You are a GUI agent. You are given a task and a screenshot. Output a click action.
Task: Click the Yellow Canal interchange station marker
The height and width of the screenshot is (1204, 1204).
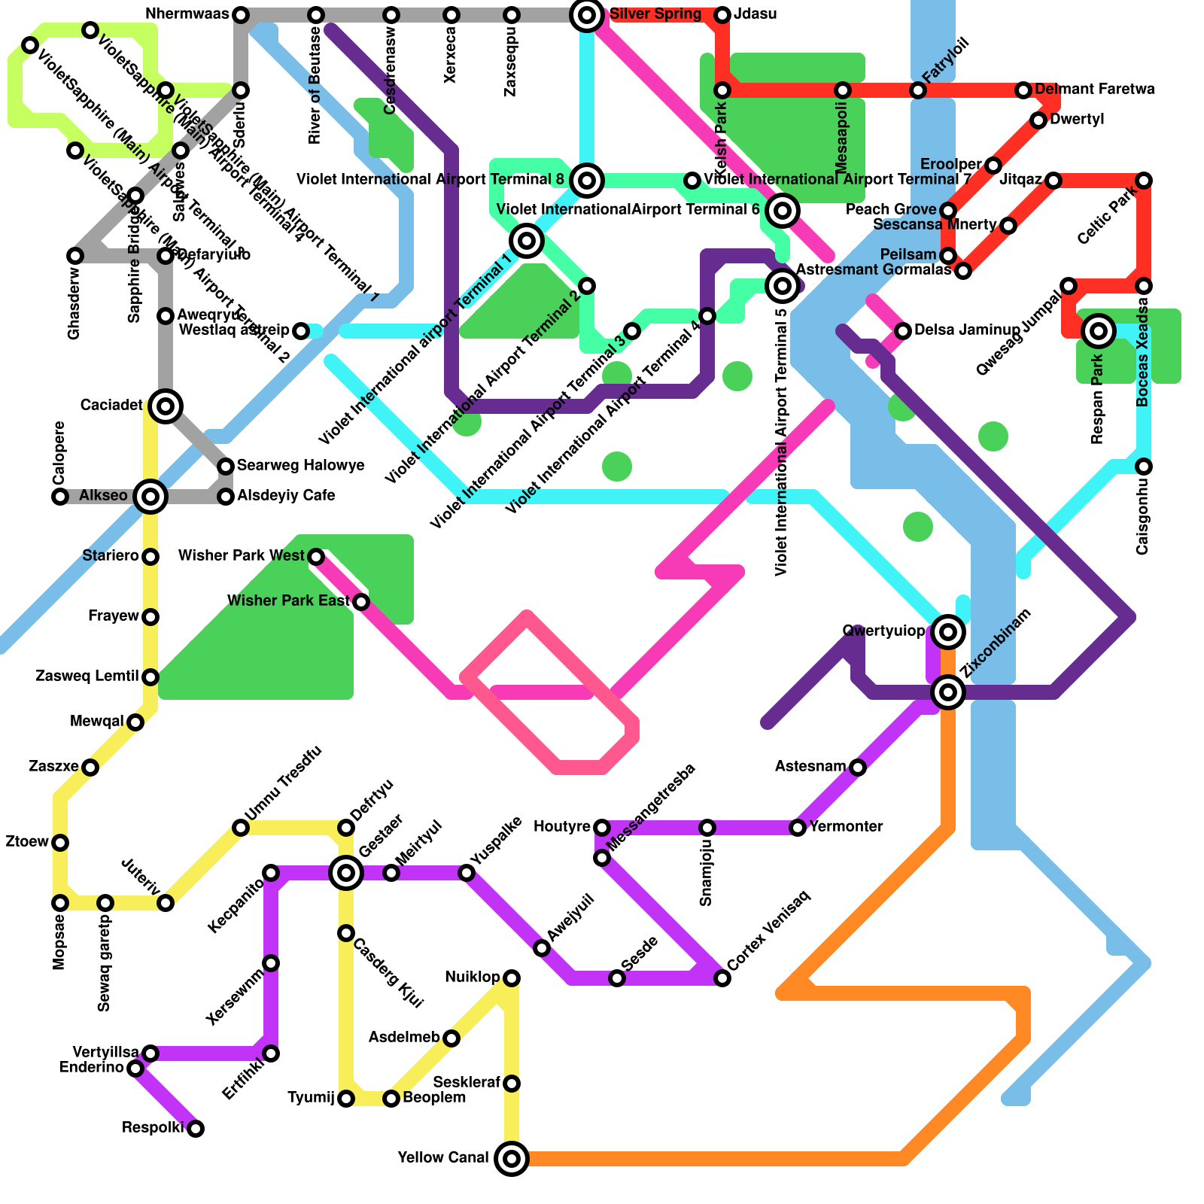[x=512, y=1159]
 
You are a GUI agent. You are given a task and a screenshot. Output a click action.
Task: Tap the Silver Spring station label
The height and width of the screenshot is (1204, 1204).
[x=655, y=14]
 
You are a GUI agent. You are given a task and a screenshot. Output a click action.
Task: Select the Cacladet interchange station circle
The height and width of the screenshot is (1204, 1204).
[x=166, y=406]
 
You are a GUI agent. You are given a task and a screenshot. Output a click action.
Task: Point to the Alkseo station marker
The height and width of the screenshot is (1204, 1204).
[x=150, y=496]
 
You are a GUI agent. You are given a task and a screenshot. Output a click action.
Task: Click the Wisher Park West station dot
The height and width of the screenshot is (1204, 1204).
[x=316, y=557]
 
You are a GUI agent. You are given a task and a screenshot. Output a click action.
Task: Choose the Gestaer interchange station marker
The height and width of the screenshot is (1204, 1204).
[x=346, y=873]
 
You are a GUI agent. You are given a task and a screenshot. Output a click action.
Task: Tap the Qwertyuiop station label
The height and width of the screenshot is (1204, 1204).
[x=883, y=631]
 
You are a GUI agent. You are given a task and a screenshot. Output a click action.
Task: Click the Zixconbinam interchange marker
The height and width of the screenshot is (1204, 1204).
[x=948, y=692]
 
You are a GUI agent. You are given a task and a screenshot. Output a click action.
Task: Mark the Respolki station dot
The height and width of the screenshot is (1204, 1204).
[x=196, y=1128]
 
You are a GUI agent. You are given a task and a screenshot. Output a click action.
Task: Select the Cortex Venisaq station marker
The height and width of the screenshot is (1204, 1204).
[x=722, y=978]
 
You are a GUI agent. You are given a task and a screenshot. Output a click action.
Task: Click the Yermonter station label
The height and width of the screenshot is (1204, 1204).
[x=846, y=827]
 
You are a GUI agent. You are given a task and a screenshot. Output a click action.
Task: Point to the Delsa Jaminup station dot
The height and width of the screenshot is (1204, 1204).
[x=903, y=330]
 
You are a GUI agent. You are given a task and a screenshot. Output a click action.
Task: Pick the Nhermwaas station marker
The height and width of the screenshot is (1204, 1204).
[x=241, y=15]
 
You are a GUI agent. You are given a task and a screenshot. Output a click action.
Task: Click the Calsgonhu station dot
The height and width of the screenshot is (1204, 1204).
[x=1144, y=467]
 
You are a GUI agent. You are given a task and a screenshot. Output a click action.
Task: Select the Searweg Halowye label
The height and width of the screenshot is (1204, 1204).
[x=300, y=466]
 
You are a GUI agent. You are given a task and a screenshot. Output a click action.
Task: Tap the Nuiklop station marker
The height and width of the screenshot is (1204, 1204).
[x=512, y=978]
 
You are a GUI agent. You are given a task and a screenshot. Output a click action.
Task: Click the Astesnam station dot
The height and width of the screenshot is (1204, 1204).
[x=858, y=768]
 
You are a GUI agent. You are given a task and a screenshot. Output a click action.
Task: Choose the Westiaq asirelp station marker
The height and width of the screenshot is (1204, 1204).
[x=301, y=331]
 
